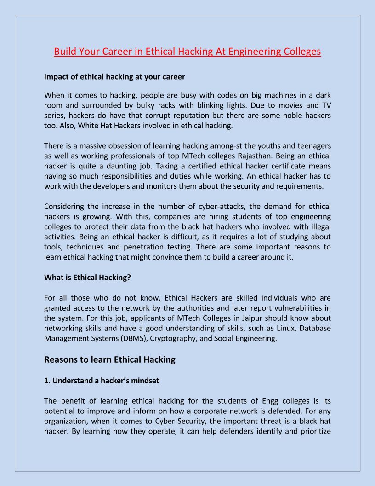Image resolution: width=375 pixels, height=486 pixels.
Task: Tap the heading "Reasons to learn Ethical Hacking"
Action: [x=110, y=359]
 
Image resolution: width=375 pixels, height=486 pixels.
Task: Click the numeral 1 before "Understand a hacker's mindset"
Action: [x=46, y=381]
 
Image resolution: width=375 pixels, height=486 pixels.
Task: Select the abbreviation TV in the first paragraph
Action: [x=325, y=105]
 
